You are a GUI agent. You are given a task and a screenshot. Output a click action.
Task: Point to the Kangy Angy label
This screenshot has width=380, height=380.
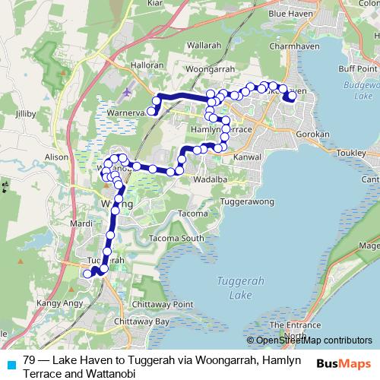[x=56, y=304]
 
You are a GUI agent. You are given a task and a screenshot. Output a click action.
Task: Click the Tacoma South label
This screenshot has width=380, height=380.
[x=177, y=239]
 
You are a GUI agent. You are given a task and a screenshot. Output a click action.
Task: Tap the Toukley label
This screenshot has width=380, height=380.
[x=347, y=151]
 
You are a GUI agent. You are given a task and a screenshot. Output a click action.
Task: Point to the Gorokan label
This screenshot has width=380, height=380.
[x=312, y=134]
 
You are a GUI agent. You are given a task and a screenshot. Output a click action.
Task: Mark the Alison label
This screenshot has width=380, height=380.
[x=57, y=157]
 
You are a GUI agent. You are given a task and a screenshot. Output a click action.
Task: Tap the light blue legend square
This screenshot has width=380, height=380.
[x=11, y=364]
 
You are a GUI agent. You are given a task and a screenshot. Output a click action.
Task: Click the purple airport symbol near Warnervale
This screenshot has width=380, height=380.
[x=125, y=93]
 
